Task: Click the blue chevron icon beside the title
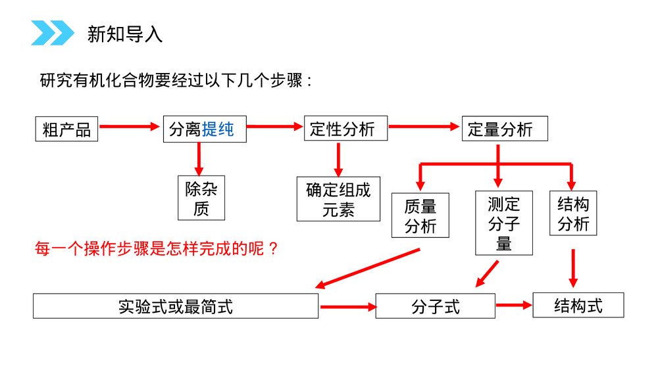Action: pos(53,33)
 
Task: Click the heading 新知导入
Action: pos(125,34)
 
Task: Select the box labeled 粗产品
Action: pos(66,129)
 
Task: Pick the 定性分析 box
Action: pos(345,129)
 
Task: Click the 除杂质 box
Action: pos(201,198)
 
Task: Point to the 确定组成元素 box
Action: pos(338,199)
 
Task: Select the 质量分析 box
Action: pos(420,216)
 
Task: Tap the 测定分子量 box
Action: pos(504,223)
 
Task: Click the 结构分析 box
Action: pos(573,213)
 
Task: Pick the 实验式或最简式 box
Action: pos(176,306)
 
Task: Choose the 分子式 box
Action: pos(435,306)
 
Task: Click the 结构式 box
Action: pos(578,306)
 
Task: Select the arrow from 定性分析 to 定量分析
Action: pos(424,126)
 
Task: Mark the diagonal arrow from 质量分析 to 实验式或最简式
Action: pos(368,269)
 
